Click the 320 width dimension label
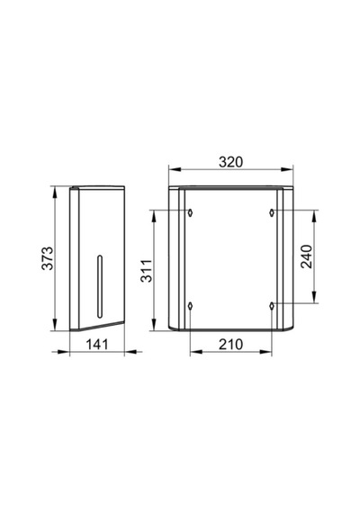pyautogui.click(x=230, y=162)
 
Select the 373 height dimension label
pyautogui.click(x=48, y=258)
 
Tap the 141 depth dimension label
pyautogui.click(x=97, y=344)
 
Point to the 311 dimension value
pyautogui.click(x=147, y=271)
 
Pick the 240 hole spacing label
pyautogui.click(x=307, y=256)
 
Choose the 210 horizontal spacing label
pyautogui.click(x=230, y=344)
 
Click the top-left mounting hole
pyautogui.click(x=190, y=212)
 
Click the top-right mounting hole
pyautogui.click(x=272, y=212)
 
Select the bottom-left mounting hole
pyautogui.click(x=190, y=306)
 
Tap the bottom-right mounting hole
pyautogui.click(x=272, y=306)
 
